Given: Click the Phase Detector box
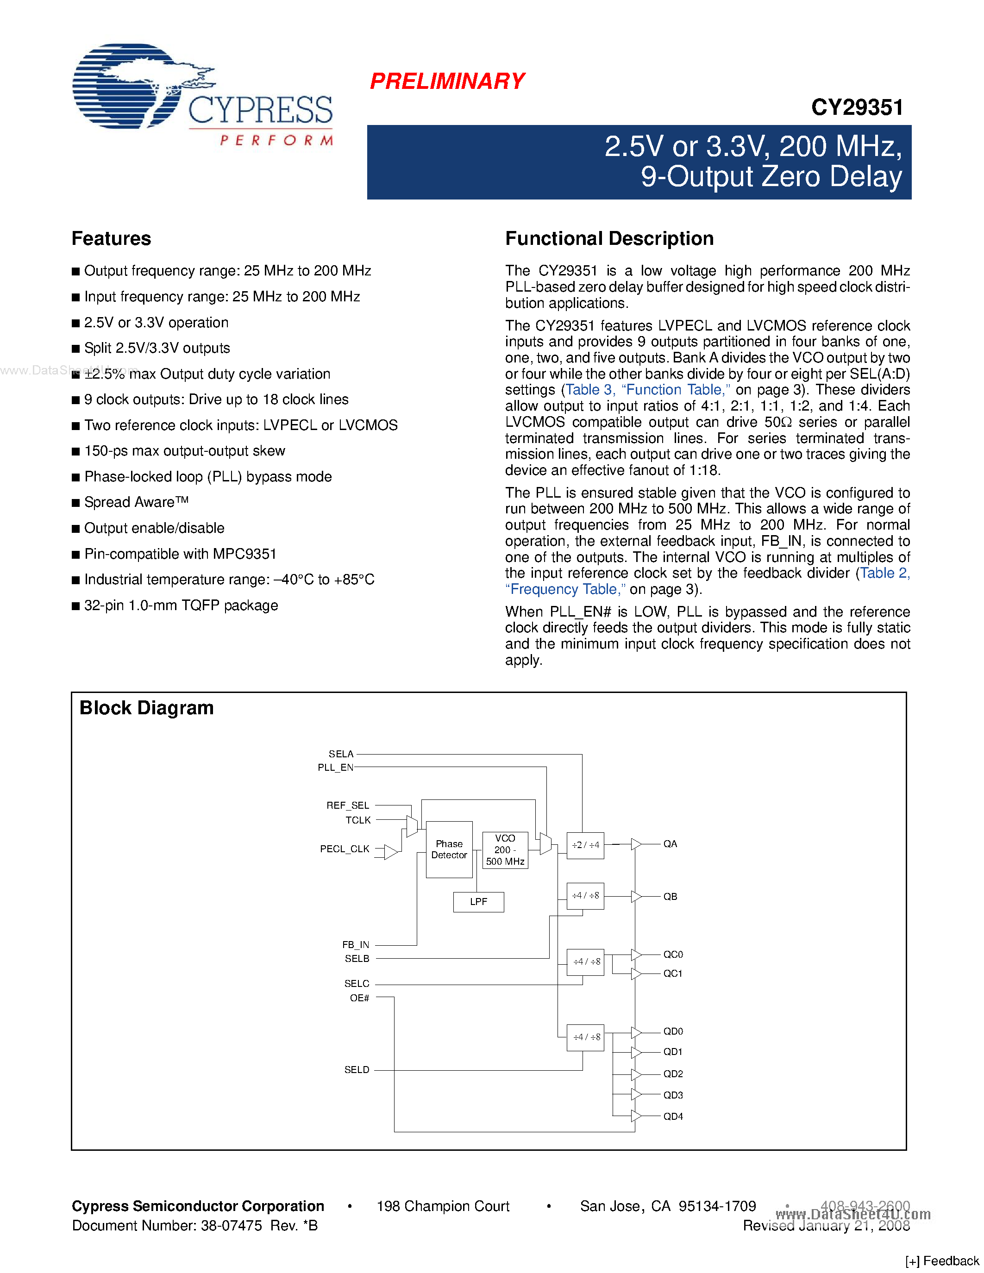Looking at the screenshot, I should [449, 849].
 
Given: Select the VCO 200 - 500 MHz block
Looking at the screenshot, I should [505, 850].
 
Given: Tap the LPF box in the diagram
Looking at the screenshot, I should [479, 901].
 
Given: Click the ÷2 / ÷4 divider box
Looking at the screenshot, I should [585, 845].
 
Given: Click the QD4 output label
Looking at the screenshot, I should [673, 1116].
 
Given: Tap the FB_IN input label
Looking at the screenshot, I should [356, 944].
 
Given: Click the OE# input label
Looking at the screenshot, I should [360, 998].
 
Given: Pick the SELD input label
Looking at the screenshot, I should [357, 1070].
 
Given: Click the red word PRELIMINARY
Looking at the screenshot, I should [447, 81].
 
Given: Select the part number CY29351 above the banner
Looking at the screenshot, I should [857, 107].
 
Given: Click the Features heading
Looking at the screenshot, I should [111, 238].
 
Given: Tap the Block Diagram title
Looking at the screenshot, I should [146, 708].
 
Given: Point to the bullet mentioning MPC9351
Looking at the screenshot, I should [180, 554].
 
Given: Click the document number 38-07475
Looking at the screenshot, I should [232, 1225].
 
